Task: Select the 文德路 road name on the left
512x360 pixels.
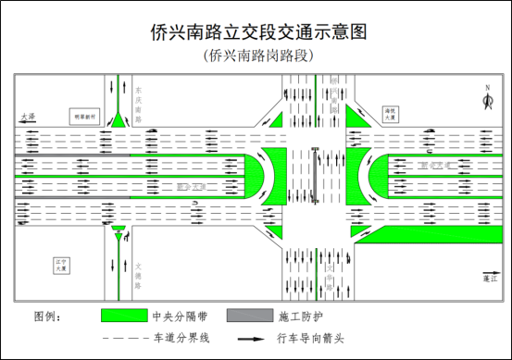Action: pyautogui.click(x=138, y=262)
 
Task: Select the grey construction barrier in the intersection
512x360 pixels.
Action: pyautogui.click(x=315, y=176)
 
